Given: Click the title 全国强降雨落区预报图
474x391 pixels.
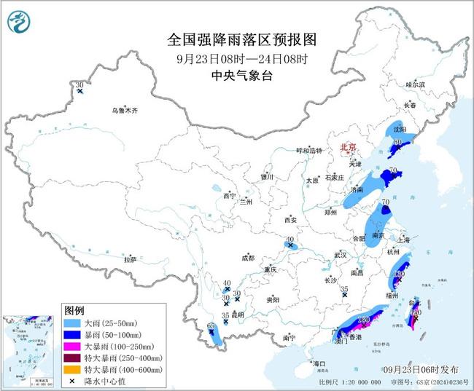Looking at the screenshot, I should coord(240,39).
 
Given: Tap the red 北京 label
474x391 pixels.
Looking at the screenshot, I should coord(347,148).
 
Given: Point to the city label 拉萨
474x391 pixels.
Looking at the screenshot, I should coord(130,259).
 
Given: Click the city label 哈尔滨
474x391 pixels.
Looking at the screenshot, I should coord(415,85).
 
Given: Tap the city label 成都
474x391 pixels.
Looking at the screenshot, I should coord(247,258).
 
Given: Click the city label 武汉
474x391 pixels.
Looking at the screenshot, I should coord(341,255).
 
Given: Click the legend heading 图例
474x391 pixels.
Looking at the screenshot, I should coord(74,309).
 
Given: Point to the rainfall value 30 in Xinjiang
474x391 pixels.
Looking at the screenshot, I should coord(79,86).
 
